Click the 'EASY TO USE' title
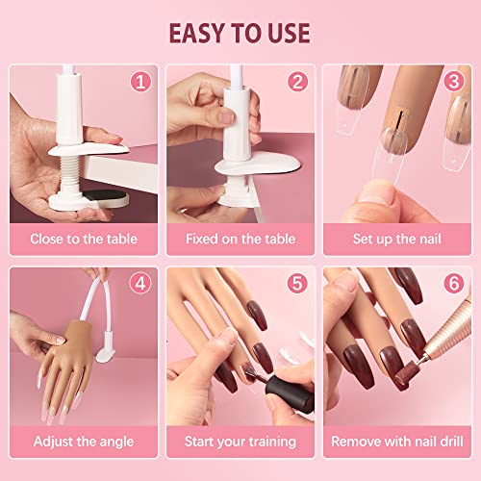[x=240, y=32]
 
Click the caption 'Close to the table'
[x=84, y=239]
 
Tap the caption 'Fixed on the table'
[x=240, y=239]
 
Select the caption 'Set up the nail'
[x=395, y=239]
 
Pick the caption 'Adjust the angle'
[x=84, y=442]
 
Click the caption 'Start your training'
[x=240, y=442]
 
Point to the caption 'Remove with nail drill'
[x=395, y=442]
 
